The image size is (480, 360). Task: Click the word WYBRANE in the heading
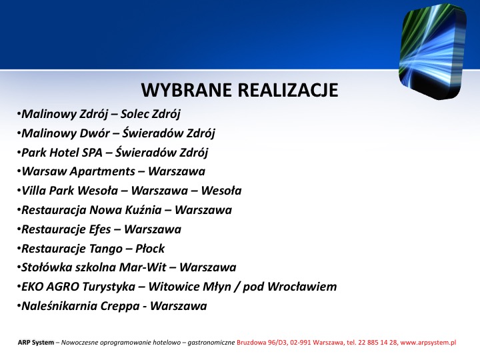coord(187,90)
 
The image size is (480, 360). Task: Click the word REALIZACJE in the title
coord(288,90)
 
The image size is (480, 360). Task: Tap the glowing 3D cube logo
coord(433,51)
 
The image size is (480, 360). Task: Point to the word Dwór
coord(95,133)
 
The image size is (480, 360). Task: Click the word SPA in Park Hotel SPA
coord(92,153)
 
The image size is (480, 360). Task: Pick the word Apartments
coord(102,172)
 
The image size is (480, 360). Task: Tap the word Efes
coord(100,229)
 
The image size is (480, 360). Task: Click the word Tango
coord(105,249)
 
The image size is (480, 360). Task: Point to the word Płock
coord(150,249)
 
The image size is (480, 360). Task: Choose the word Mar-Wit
coord(143,267)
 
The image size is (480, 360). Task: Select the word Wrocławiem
coord(302,287)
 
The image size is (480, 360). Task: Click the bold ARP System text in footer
coord(36,343)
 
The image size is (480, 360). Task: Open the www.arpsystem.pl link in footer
coord(428,343)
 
